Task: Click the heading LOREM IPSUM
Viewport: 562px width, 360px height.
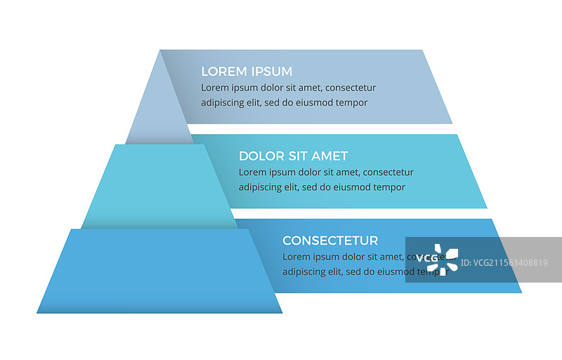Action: click(247, 72)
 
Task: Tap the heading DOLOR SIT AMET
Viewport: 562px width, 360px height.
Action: click(293, 156)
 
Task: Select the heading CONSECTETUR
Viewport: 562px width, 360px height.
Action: click(330, 240)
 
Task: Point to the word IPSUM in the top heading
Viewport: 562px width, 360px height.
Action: click(272, 72)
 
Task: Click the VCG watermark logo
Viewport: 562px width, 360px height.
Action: click(437, 259)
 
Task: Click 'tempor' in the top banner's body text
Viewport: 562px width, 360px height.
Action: click(351, 103)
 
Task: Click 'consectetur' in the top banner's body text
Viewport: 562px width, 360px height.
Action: click(351, 88)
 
